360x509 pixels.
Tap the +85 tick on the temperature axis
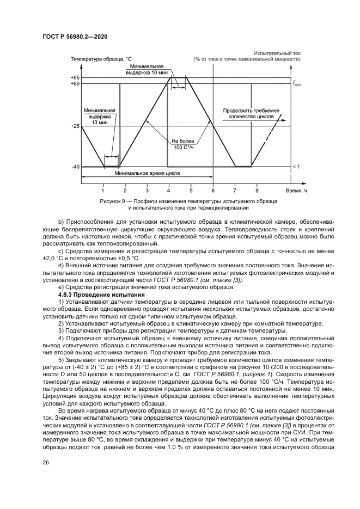point(75,77)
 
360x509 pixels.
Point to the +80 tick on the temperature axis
point(75,84)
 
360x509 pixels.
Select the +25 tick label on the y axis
point(75,126)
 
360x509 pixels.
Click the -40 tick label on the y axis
point(76,167)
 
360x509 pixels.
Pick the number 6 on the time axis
point(213,191)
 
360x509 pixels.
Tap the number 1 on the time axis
point(103,191)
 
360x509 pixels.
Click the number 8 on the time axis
point(257,191)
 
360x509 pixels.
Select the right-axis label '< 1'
point(296,166)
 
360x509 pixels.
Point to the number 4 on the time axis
point(169,191)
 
